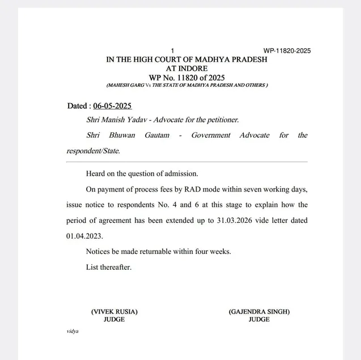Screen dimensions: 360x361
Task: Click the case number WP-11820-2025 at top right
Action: point(287,51)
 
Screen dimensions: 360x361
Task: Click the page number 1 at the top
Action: point(173,51)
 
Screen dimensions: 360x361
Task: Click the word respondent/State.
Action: point(93,151)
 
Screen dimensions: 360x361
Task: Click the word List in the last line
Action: point(93,267)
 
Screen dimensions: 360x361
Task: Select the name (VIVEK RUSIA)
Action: point(114,312)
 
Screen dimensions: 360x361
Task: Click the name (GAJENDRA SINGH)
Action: point(259,312)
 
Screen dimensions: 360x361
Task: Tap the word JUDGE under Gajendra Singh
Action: point(259,320)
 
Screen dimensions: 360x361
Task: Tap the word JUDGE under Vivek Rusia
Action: point(114,320)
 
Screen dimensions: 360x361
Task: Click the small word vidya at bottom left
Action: point(73,331)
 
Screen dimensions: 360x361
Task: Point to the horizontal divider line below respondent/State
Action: point(187,162)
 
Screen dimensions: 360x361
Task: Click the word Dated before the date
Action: point(77,106)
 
